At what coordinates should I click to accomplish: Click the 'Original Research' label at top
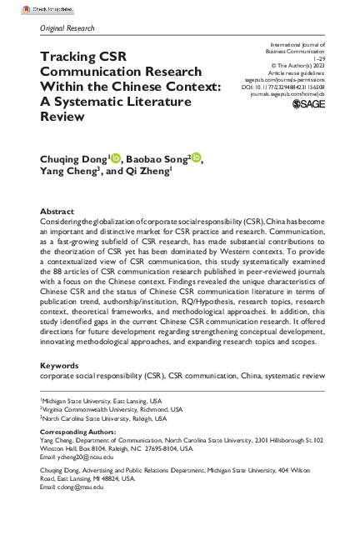pyautogui.click(x=67, y=27)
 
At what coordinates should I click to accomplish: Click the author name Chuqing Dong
pyautogui.click(x=74, y=159)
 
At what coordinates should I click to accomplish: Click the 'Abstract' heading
pyautogui.click(x=57, y=212)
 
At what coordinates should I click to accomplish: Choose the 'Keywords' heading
pyautogui.click(x=61, y=387)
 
